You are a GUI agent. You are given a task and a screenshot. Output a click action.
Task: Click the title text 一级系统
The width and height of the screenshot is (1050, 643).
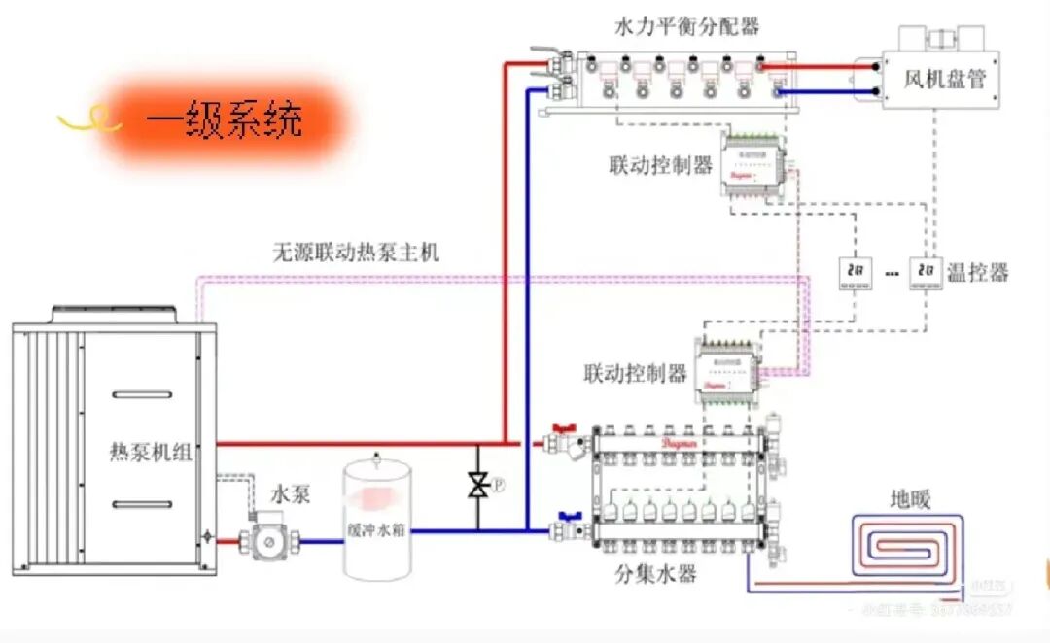point(225,120)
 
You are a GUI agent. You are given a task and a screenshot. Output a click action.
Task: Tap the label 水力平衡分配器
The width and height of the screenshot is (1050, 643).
point(686,26)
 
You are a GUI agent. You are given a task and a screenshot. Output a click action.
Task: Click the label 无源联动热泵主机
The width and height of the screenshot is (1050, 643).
point(356,253)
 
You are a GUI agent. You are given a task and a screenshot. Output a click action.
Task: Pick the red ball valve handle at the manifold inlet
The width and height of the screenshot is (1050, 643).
point(563,428)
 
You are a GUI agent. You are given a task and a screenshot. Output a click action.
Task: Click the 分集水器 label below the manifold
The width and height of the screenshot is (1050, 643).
point(655,574)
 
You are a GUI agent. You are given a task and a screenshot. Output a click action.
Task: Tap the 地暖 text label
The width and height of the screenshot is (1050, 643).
point(911,500)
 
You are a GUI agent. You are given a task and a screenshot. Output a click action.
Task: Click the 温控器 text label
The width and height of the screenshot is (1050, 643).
point(977,271)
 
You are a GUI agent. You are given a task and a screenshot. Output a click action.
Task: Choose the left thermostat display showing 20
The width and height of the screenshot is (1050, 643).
point(856,272)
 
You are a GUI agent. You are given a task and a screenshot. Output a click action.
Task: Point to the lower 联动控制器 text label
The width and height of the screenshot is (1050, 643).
point(635,373)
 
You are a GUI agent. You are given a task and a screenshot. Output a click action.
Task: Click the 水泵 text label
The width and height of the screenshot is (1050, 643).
point(291,494)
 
